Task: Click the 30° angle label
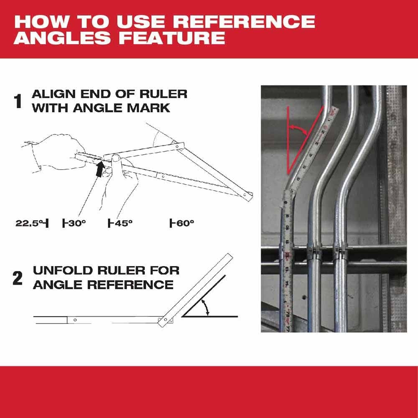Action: point(74,223)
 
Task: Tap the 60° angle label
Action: point(182,223)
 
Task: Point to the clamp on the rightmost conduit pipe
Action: point(340,252)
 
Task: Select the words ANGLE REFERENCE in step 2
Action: point(103,285)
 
